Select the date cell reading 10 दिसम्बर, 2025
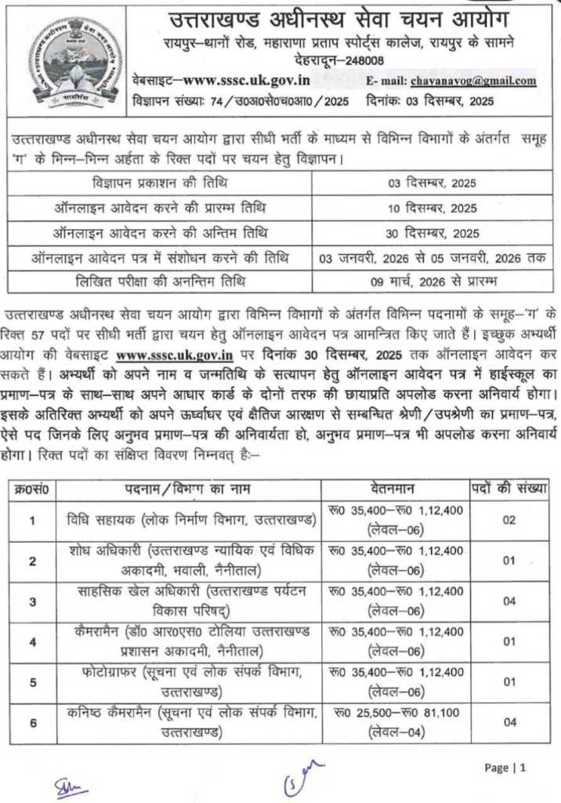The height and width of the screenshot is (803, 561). [x=433, y=209]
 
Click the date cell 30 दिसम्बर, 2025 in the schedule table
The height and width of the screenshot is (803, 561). [x=433, y=233]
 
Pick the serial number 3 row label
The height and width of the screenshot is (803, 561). [x=32, y=601]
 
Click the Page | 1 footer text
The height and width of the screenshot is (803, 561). [x=505, y=768]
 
